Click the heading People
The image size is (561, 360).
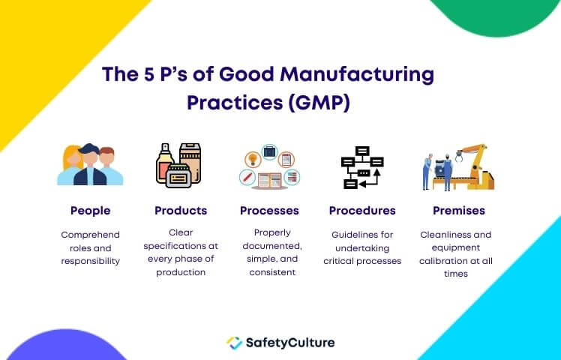pyautogui.click(x=90, y=211)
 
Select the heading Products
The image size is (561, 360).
pyautogui.click(x=181, y=211)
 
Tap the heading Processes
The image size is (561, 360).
pyautogui.click(x=269, y=211)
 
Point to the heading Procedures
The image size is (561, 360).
pyautogui.click(x=362, y=211)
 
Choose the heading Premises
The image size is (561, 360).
pyautogui.click(x=459, y=211)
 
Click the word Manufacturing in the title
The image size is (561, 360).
pyautogui.click(x=357, y=75)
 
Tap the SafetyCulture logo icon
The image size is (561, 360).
pyautogui.click(x=234, y=343)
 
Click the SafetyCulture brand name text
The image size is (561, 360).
pyautogui.click(x=290, y=343)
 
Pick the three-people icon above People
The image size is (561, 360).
pyautogui.click(x=90, y=164)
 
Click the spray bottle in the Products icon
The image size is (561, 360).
pyautogui.click(x=164, y=163)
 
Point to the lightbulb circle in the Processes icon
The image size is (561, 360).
pyautogui.click(x=253, y=159)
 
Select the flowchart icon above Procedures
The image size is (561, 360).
pyautogui.click(x=362, y=167)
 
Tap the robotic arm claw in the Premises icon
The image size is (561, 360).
pyautogui.click(x=459, y=156)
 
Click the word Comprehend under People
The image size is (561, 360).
pyautogui.click(x=90, y=235)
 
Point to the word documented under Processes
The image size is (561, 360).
pyautogui.click(x=272, y=246)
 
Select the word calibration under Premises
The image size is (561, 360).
pyautogui.click(x=442, y=261)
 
